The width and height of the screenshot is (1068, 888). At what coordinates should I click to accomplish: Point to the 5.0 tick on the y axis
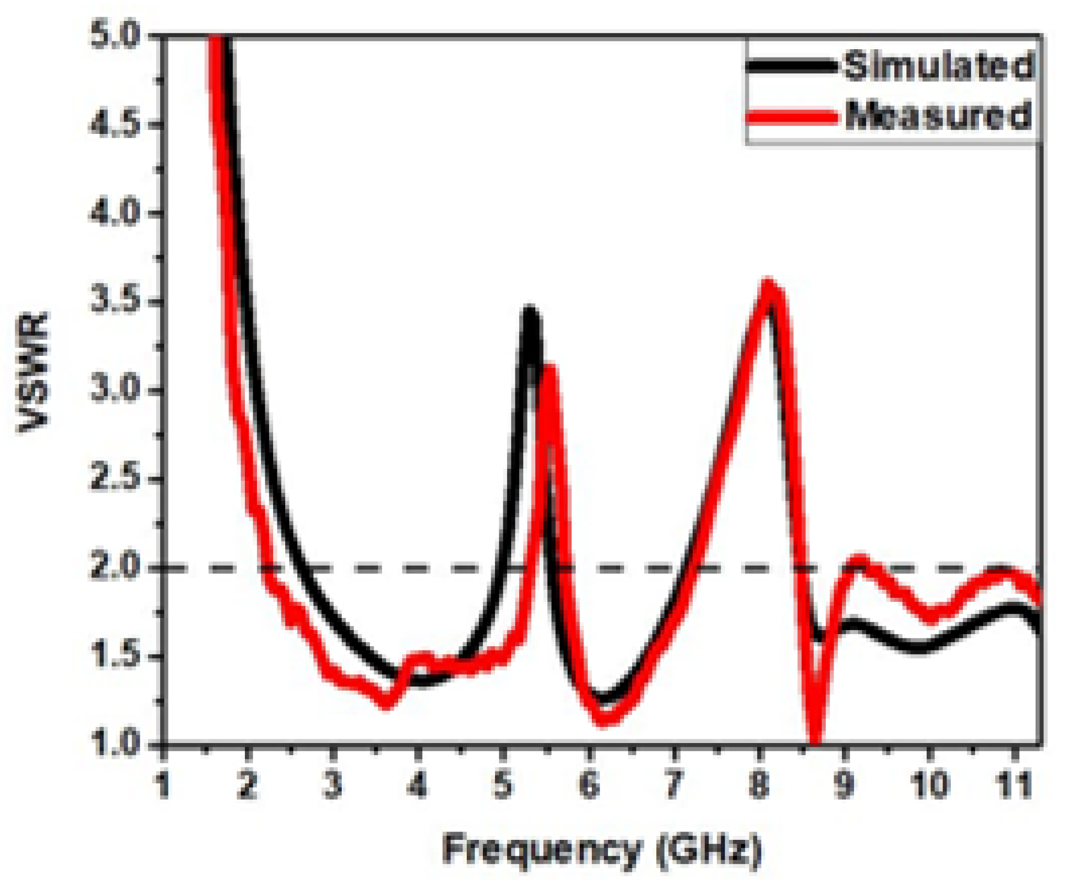(x=116, y=37)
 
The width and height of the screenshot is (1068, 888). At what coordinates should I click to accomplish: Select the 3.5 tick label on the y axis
(x=116, y=302)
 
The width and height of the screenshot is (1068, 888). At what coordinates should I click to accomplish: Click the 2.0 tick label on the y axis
(x=116, y=568)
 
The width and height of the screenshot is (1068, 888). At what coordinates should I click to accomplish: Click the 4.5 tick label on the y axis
(x=116, y=125)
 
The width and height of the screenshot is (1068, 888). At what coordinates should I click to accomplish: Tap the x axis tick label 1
(x=163, y=785)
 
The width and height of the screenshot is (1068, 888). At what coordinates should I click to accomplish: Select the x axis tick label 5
(x=503, y=785)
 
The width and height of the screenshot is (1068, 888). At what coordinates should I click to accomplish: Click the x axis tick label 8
(x=759, y=785)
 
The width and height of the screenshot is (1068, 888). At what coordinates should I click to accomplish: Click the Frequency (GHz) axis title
(x=602, y=850)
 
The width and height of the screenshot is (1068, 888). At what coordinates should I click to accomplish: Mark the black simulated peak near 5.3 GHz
(x=530, y=312)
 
